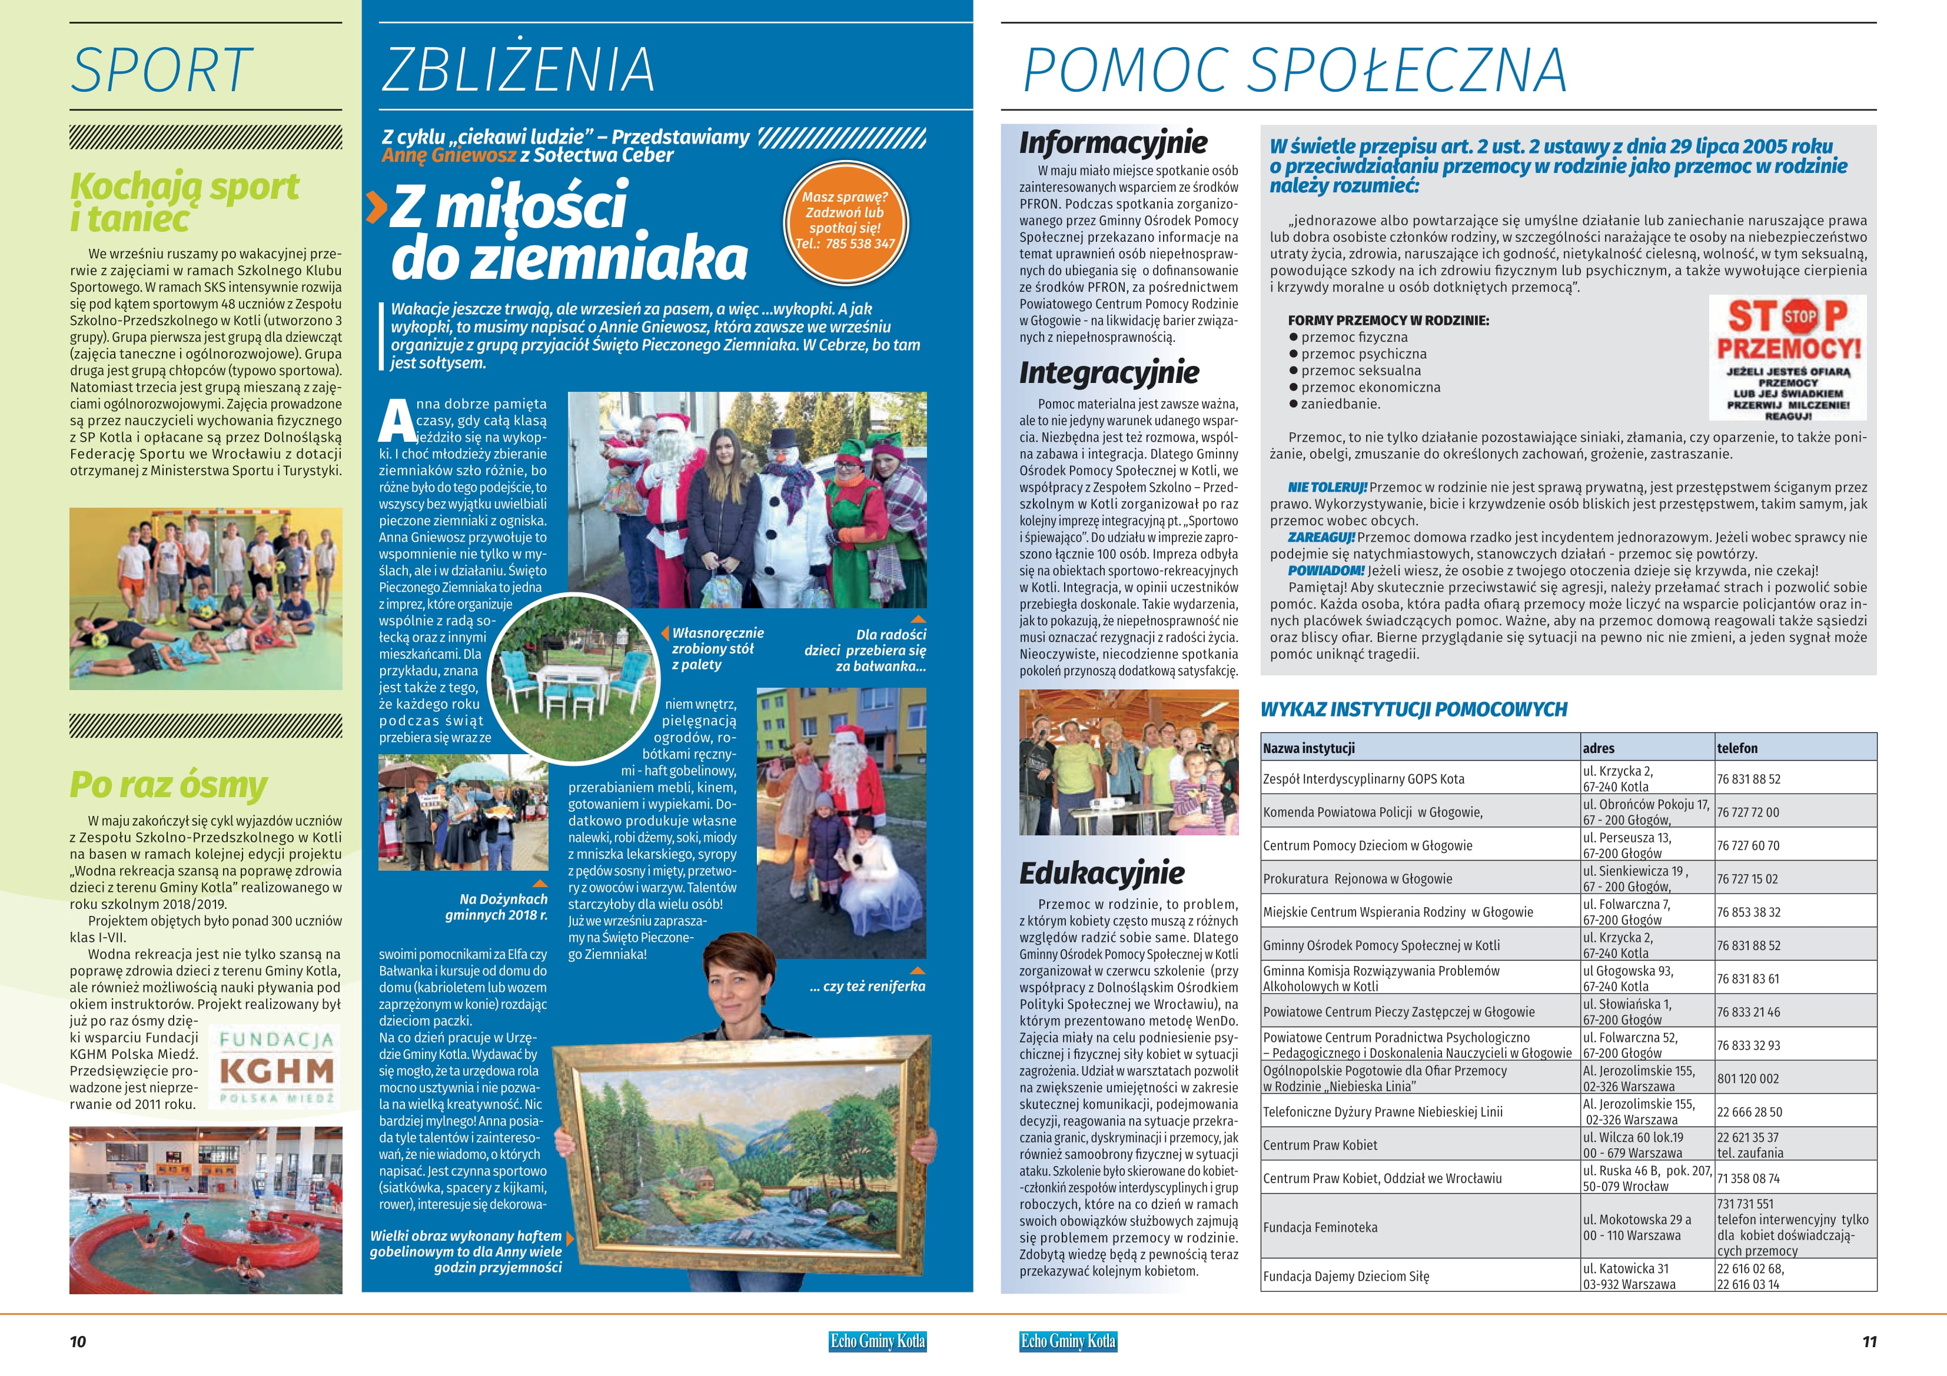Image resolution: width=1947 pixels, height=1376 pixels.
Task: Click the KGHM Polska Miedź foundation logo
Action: (277, 1067)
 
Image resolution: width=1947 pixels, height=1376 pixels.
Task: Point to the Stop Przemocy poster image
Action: (1787, 358)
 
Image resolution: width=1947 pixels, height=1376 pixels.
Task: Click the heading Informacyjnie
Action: (1112, 142)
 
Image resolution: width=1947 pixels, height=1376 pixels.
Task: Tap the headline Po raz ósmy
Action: (168, 784)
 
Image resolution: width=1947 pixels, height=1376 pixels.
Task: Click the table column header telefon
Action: (1737, 748)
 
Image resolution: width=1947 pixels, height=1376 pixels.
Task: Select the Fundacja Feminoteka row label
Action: (1320, 1227)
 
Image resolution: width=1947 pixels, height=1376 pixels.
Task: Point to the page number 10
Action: (78, 1341)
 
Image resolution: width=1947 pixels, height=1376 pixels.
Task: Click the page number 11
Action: (1869, 1341)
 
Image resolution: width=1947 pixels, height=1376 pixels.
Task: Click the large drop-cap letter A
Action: (396, 421)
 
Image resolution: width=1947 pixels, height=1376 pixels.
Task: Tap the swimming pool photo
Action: (206, 1210)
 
